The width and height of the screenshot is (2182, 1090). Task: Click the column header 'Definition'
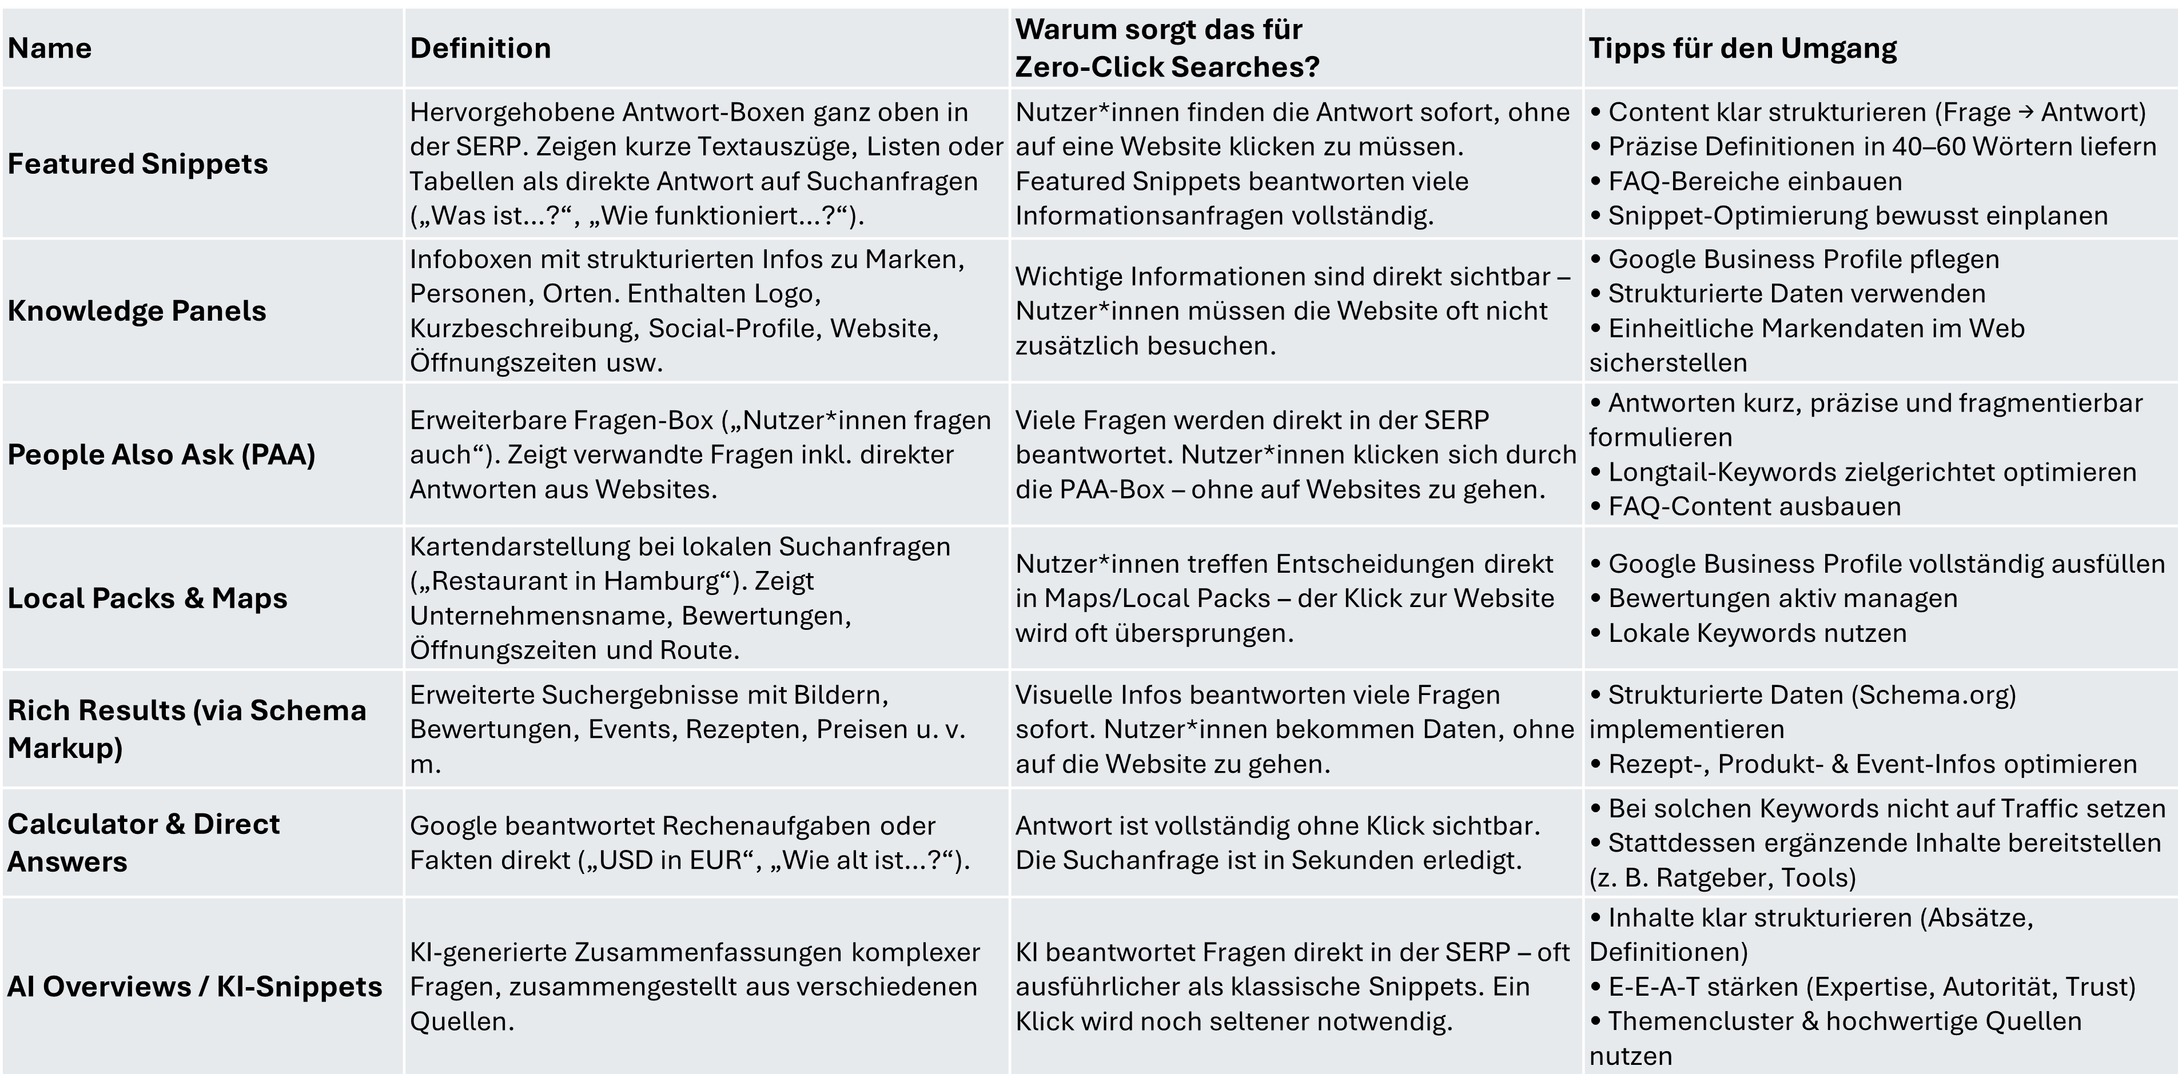point(480,48)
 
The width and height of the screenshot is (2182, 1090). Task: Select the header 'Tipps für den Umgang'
point(1742,48)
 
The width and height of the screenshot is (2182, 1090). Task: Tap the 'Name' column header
point(49,48)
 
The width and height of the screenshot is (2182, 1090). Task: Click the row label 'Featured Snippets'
point(137,163)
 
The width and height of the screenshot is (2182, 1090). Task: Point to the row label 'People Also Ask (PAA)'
point(161,455)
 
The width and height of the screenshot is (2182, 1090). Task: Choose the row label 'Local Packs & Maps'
point(148,598)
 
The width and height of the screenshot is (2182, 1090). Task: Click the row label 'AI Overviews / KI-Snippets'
point(195,987)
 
